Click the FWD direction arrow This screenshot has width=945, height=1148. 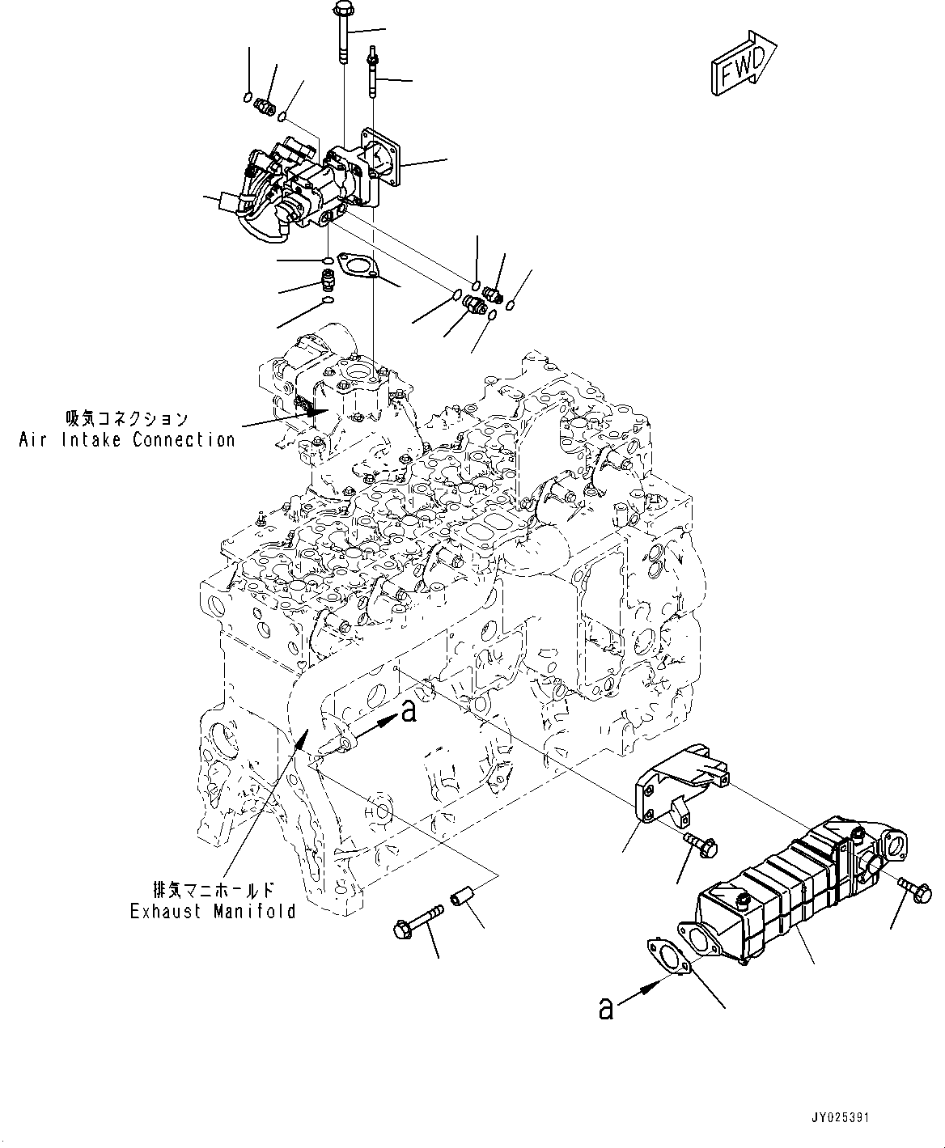click(x=745, y=63)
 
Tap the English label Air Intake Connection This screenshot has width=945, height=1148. click(x=127, y=440)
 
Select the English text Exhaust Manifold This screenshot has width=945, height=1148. click(x=213, y=912)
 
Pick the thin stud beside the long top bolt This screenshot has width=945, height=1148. click(x=373, y=73)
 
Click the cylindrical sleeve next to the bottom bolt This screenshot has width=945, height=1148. click(x=461, y=900)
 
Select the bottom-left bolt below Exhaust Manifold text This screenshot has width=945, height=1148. click(x=415, y=923)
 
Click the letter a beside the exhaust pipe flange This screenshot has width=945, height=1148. click(x=409, y=710)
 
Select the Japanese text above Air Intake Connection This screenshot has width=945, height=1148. click(x=127, y=419)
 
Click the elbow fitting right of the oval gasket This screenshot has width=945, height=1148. click(x=475, y=306)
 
